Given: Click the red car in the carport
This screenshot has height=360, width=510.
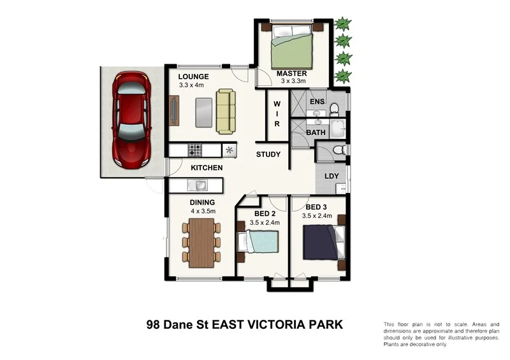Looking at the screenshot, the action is (x=131, y=120).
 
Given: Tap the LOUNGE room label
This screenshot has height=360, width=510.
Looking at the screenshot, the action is (x=194, y=76).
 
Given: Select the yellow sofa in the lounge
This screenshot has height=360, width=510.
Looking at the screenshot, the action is (x=226, y=112).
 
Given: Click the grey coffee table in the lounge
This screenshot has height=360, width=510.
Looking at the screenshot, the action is (x=204, y=113).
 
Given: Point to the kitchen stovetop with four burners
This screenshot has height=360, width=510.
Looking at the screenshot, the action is (x=195, y=150).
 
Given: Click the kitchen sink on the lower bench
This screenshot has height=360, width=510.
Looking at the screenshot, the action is (x=198, y=185).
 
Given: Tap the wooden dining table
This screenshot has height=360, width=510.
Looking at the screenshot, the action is (x=201, y=243).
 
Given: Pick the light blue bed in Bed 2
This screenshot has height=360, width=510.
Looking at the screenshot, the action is (x=259, y=241).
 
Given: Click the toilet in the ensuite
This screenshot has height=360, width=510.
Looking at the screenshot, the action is (x=334, y=110).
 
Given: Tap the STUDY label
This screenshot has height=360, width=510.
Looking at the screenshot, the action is (x=268, y=154).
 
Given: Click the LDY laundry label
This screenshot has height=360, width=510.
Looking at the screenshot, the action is (x=331, y=176).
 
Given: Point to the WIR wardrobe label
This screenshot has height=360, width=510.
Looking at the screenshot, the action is (x=277, y=114).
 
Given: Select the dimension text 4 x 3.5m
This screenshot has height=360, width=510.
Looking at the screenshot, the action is (x=203, y=211).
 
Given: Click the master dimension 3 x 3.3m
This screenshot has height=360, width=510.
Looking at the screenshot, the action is (x=293, y=81).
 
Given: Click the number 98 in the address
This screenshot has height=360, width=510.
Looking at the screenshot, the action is (x=153, y=324).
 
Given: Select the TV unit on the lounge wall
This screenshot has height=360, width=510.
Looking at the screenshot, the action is (x=174, y=111).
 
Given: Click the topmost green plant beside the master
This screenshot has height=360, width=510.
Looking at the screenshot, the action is (x=343, y=24).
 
